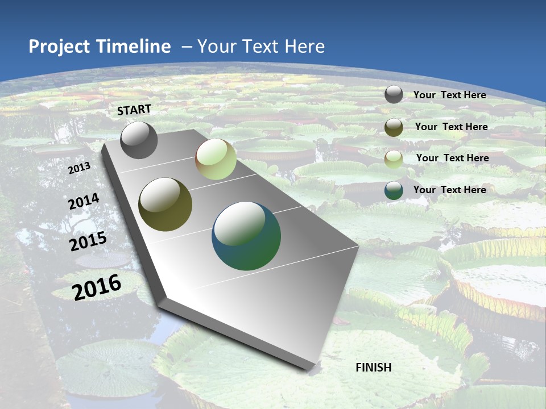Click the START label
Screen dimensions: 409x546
[x=134, y=110]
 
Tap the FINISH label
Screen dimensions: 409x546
[x=373, y=368]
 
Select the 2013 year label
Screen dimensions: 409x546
[x=79, y=168]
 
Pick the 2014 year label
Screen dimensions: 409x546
[x=84, y=202]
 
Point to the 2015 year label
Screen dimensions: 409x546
[x=88, y=241]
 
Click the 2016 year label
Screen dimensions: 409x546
[x=97, y=287]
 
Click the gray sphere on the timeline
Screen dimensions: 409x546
[x=139, y=140]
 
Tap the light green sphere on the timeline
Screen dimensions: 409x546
[x=216, y=159]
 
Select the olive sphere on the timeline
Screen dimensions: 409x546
[x=166, y=204]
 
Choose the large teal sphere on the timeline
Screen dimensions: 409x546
[x=246, y=236]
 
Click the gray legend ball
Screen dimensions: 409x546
[x=394, y=94]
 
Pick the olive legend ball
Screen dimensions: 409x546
[x=394, y=127]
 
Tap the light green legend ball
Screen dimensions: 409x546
[x=394, y=158]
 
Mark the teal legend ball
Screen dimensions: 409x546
[x=394, y=190]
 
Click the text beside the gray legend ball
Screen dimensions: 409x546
[x=449, y=95]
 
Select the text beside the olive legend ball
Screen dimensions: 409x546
[x=451, y=127]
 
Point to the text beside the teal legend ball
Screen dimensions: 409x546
[x=449, y=190]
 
